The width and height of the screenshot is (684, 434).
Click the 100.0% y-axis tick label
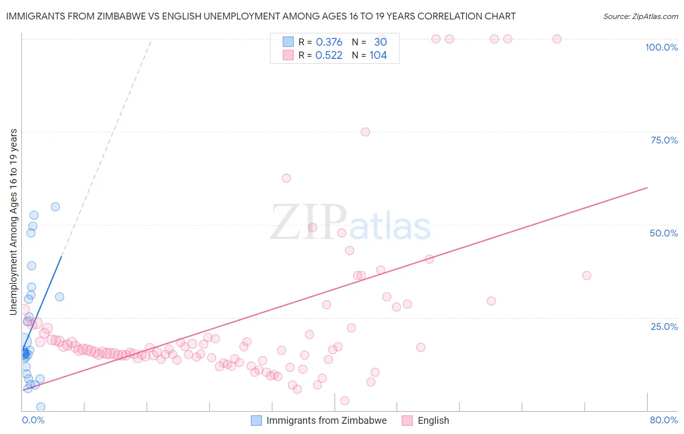(x=661, y=47)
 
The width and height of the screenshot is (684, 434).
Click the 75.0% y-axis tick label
(x=664, y=140)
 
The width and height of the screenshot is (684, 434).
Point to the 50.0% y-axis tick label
(x=664, y=233)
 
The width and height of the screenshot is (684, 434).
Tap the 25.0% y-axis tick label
(x=664, y=326)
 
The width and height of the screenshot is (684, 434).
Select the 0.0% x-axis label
(x=33, y=420)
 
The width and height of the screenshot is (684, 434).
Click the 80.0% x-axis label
(x=664, y=420)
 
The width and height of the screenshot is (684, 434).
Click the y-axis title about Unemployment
(x=14, y=221)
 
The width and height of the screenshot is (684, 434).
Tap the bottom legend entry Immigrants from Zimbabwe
(x=326, y=420)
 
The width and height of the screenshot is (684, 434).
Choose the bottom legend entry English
(x=433, y=420)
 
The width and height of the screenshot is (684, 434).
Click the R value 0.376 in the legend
(x=329, y=42)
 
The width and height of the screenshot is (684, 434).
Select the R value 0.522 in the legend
(x=329, y=55)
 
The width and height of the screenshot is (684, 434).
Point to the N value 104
(x=378, y=55)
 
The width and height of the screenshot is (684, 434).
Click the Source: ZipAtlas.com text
(x=640, y=17)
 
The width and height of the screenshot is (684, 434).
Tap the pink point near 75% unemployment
(x=365, y=132)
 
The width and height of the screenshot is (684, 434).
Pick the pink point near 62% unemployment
(x=287, y=178)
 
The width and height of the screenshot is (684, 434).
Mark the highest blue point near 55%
(x=55, y=207)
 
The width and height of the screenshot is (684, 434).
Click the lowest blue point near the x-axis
(x=41, y=407)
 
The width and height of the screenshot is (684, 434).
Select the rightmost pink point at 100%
(x=557, y=39)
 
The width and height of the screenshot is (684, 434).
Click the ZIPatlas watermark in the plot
(x=350, y=222)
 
